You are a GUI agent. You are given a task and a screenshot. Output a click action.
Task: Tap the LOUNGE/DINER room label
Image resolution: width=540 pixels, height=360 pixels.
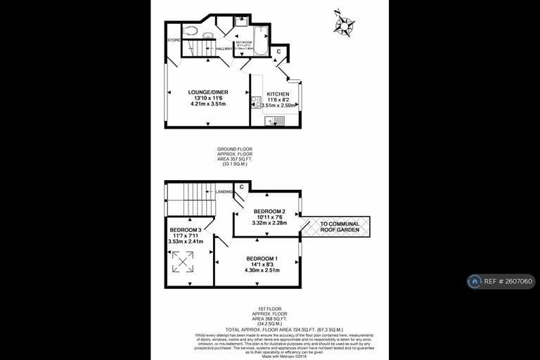207,92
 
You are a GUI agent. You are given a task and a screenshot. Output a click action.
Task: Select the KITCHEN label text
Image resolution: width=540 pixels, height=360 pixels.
278,94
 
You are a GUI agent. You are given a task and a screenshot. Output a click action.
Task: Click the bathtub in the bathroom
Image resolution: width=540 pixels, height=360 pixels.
259,41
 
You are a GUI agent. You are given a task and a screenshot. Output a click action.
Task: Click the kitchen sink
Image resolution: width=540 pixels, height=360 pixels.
274,121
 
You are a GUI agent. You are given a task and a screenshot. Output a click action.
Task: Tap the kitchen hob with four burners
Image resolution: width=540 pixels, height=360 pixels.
256,103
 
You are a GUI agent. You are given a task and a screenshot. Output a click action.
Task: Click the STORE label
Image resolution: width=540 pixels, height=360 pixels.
174,40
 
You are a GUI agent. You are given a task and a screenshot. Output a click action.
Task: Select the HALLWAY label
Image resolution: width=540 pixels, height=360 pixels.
224,49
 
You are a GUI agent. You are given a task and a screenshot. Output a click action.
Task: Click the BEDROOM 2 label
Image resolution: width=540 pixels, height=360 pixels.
269,212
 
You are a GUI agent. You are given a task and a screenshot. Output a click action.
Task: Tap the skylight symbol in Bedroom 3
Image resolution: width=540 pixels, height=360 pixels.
184,262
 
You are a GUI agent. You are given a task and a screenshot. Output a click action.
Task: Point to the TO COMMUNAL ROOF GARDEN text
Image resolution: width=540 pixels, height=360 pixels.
340,227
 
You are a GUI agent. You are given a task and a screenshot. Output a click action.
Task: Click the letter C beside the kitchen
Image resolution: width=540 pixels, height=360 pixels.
278,51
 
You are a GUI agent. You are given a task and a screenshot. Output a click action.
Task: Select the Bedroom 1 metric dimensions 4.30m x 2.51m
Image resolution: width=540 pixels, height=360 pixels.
261,270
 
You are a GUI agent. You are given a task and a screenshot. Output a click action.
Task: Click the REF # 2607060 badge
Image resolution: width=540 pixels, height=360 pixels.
501,281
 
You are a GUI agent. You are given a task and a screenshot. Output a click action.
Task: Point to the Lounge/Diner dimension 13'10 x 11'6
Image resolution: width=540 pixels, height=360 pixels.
207,98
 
